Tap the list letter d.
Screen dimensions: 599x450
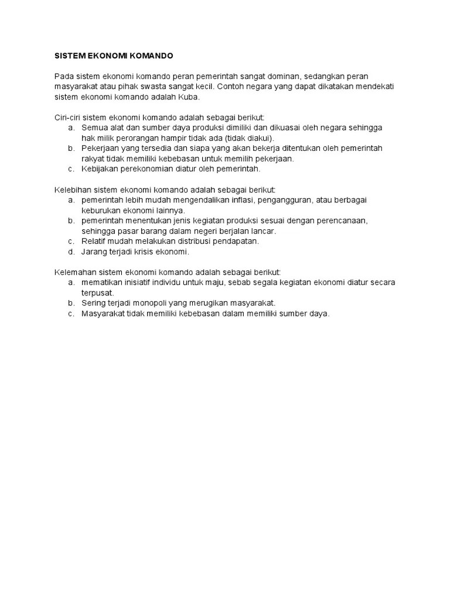coord(70,252)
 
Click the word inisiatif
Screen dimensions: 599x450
coord(138,283)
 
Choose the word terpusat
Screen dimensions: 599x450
coord(97,292)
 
